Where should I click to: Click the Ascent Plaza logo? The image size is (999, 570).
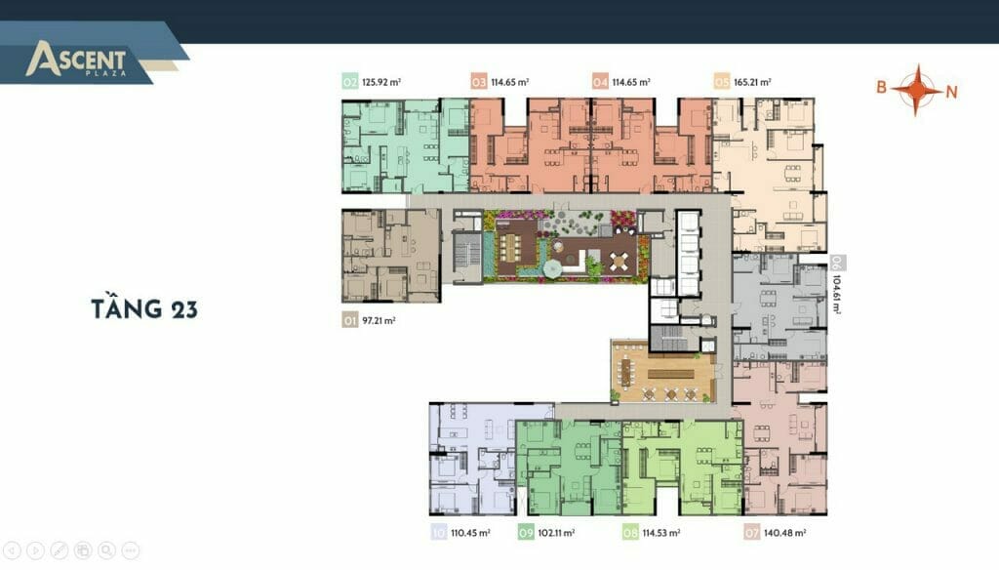point(76,60)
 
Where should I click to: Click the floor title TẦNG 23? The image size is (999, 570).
point(144,307)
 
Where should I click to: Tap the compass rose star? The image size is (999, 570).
point(916,90)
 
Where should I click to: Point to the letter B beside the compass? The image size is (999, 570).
point(881,87)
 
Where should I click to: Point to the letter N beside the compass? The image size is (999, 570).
point(951,92)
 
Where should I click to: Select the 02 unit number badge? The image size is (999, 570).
point(350,82)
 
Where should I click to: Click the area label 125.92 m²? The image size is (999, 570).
point(381,82)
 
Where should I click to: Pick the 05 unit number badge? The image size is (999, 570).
point(721,82)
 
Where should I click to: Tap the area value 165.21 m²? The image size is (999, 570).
point(752,82)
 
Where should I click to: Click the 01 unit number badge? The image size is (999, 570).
point(350,320)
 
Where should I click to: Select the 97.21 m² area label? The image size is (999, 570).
point(379,320)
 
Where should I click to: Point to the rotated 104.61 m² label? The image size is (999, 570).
point(836,294)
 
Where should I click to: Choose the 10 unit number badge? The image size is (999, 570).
point(438,532)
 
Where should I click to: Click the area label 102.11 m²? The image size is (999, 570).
point(556,532)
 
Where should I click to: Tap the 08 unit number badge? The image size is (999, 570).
point(630,532)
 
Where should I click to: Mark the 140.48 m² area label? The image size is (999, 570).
point(785,532)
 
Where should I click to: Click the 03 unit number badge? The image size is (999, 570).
point(478,82)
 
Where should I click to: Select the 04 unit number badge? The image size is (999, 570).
point(600,82)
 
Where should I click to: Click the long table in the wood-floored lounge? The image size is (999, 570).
point(665,372)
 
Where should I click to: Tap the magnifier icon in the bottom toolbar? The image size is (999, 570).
point(106,550)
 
